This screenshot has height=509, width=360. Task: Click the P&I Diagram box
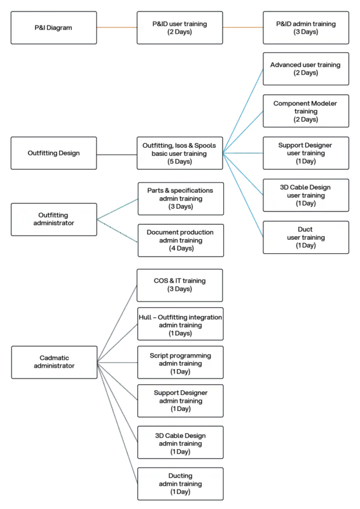pos(53,27)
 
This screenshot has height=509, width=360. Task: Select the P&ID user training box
pos(180,27)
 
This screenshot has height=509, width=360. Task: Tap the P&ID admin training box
pos(306,27)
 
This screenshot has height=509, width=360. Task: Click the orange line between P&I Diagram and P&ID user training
pos(117,27)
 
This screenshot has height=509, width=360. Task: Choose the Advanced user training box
pos(306,69)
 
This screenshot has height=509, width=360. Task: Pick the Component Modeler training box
pos(306,111)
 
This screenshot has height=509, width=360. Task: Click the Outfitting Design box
pos(53,153)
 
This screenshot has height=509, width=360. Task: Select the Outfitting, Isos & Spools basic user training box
pos(180,153)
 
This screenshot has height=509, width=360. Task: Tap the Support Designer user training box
pos(306,153)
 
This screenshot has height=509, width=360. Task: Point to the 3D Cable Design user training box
pos(306,195)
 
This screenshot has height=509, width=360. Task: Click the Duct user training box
pos(306,237)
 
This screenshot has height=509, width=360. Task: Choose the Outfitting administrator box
pos(53,219)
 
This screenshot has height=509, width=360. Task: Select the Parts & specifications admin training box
pos(180,198)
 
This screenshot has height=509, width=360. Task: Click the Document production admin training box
pos(180,240)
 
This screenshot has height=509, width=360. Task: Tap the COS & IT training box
pos(180,284)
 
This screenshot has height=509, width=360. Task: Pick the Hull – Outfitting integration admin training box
pos(180,324)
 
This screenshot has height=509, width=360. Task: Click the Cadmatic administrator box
pos(53,361)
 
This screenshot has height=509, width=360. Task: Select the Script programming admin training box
pos(180,363)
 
